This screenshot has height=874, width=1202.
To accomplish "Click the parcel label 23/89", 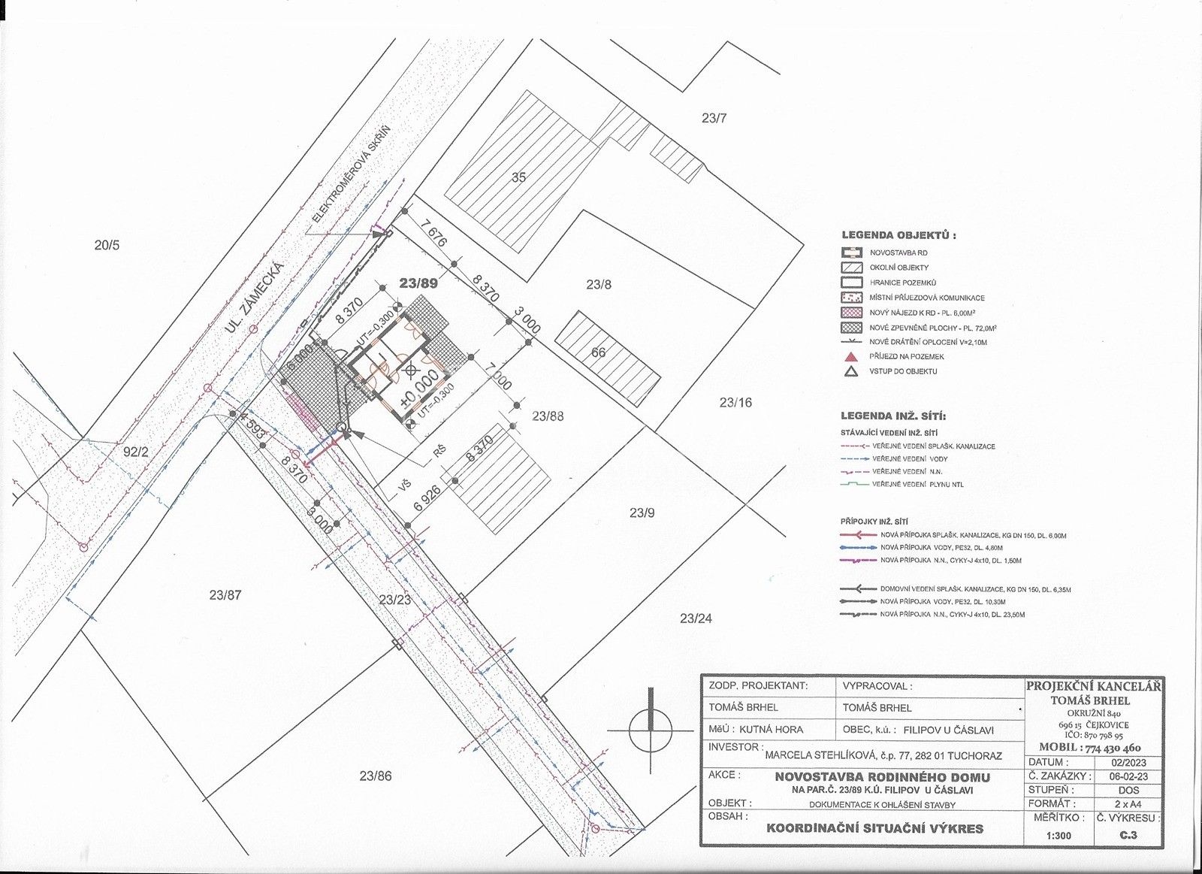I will tap(418, 284).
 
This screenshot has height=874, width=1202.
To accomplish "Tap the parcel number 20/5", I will tap(107, 244).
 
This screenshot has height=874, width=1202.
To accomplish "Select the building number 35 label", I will tap(518, 177).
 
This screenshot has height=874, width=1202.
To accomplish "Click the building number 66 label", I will tap(598, 352).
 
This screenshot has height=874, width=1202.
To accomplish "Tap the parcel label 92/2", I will tap(137, 452).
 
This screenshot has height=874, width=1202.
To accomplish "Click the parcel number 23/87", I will tap(225, 595).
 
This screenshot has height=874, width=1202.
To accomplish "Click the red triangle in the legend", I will tap(851, 356).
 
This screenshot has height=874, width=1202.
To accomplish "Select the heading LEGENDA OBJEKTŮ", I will tap(898, 235).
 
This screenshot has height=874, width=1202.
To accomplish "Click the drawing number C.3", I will tap(1127, 835).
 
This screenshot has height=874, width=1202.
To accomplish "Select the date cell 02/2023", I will tap(1128, 761).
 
